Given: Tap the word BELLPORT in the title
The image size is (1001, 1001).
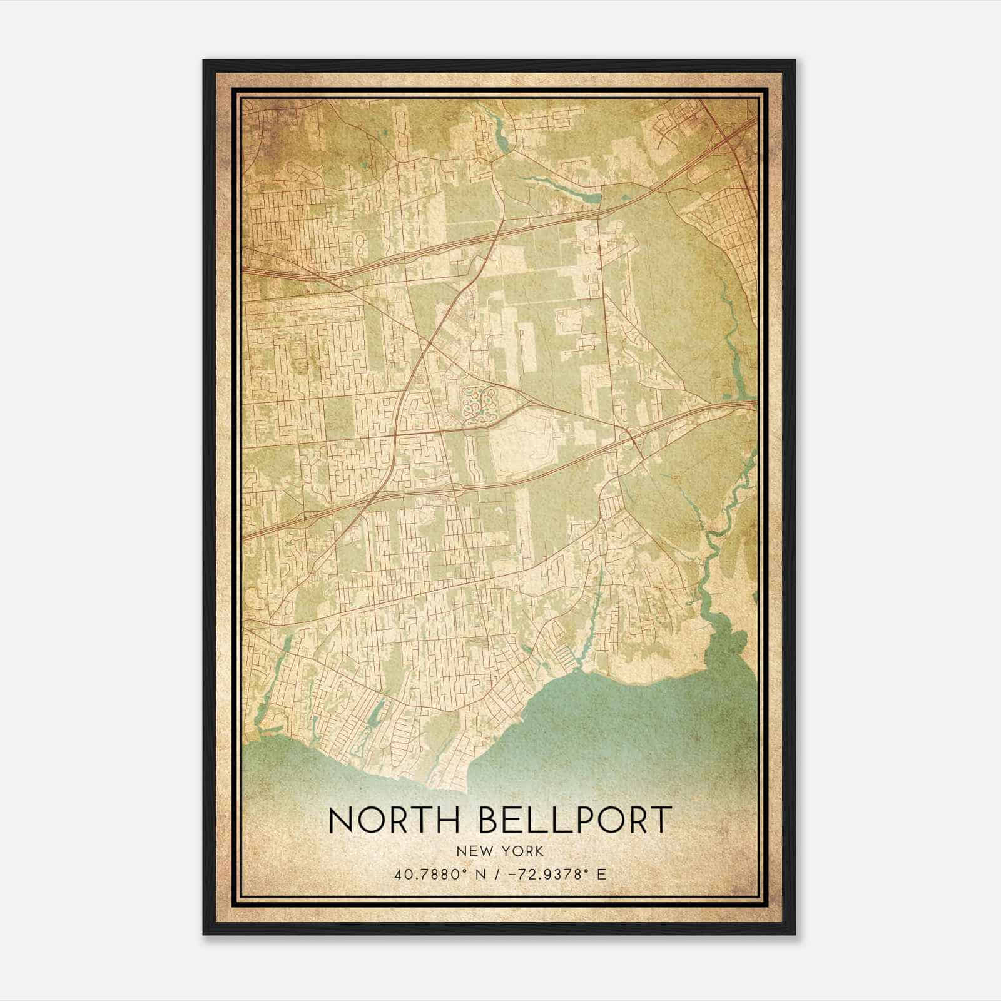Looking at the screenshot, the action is tap(575, 820).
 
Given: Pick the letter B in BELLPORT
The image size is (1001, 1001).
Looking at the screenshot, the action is tap(492, 820).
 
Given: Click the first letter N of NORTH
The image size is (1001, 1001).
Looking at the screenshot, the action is tap(342, 820).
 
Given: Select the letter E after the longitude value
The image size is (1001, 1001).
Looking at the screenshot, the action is tap(601, 874).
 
